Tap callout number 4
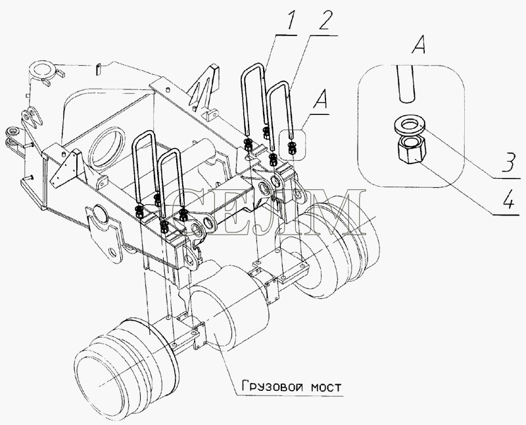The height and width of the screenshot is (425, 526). click(x=508, y=200)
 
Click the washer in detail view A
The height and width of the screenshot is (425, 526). click(x=410, y=125)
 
